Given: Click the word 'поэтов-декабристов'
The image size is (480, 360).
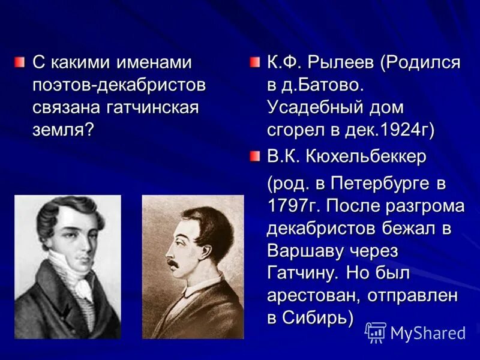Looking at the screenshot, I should (119, 85).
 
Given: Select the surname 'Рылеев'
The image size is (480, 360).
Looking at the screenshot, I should (345, 62).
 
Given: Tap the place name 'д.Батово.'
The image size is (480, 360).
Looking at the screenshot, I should (324, 86).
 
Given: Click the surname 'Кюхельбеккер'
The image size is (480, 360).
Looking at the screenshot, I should (367, 157).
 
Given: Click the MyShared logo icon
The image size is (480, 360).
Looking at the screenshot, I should (376, 332).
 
